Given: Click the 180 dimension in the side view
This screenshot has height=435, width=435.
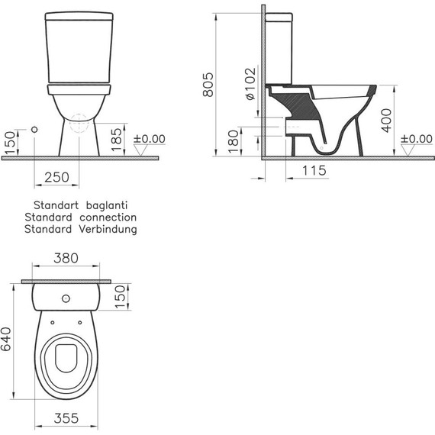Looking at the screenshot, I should pos(234,140).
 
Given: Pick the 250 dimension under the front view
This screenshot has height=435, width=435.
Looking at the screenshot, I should pos(56,177).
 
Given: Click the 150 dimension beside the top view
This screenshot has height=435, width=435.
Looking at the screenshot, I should pos(120,295).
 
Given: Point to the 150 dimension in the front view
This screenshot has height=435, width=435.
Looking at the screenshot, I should pos(9,142).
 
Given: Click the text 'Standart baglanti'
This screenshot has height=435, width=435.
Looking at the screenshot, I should pos(79,206).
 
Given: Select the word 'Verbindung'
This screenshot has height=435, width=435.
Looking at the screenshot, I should pos(104,229).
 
